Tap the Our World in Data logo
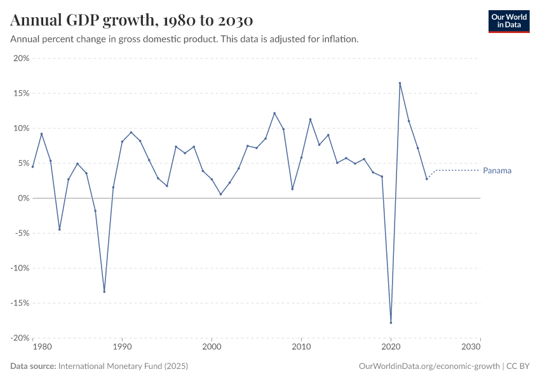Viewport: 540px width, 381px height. (x=508, y=21)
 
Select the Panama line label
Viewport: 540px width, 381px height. (x=497, y=171)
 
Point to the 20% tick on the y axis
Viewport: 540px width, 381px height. (x=21, y=58)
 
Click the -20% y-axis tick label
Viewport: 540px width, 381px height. (x=20, y=338)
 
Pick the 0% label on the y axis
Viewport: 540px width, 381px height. (x=24, y=198)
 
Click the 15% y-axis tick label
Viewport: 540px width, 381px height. (x=21, y=93)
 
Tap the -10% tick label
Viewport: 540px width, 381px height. (x=20, y=268)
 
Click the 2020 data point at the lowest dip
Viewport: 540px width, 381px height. (x=391, y=323)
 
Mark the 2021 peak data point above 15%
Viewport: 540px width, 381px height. (x=400, y=83)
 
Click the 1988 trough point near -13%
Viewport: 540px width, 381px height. (x=104, y=291)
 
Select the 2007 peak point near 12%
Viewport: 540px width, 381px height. (x=274, y=113)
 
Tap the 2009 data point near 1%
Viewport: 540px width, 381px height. (x=292, y=189)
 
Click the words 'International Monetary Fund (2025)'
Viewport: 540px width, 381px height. (x=123, y=366)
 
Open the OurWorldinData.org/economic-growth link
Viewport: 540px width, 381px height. (x=429, y=366)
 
